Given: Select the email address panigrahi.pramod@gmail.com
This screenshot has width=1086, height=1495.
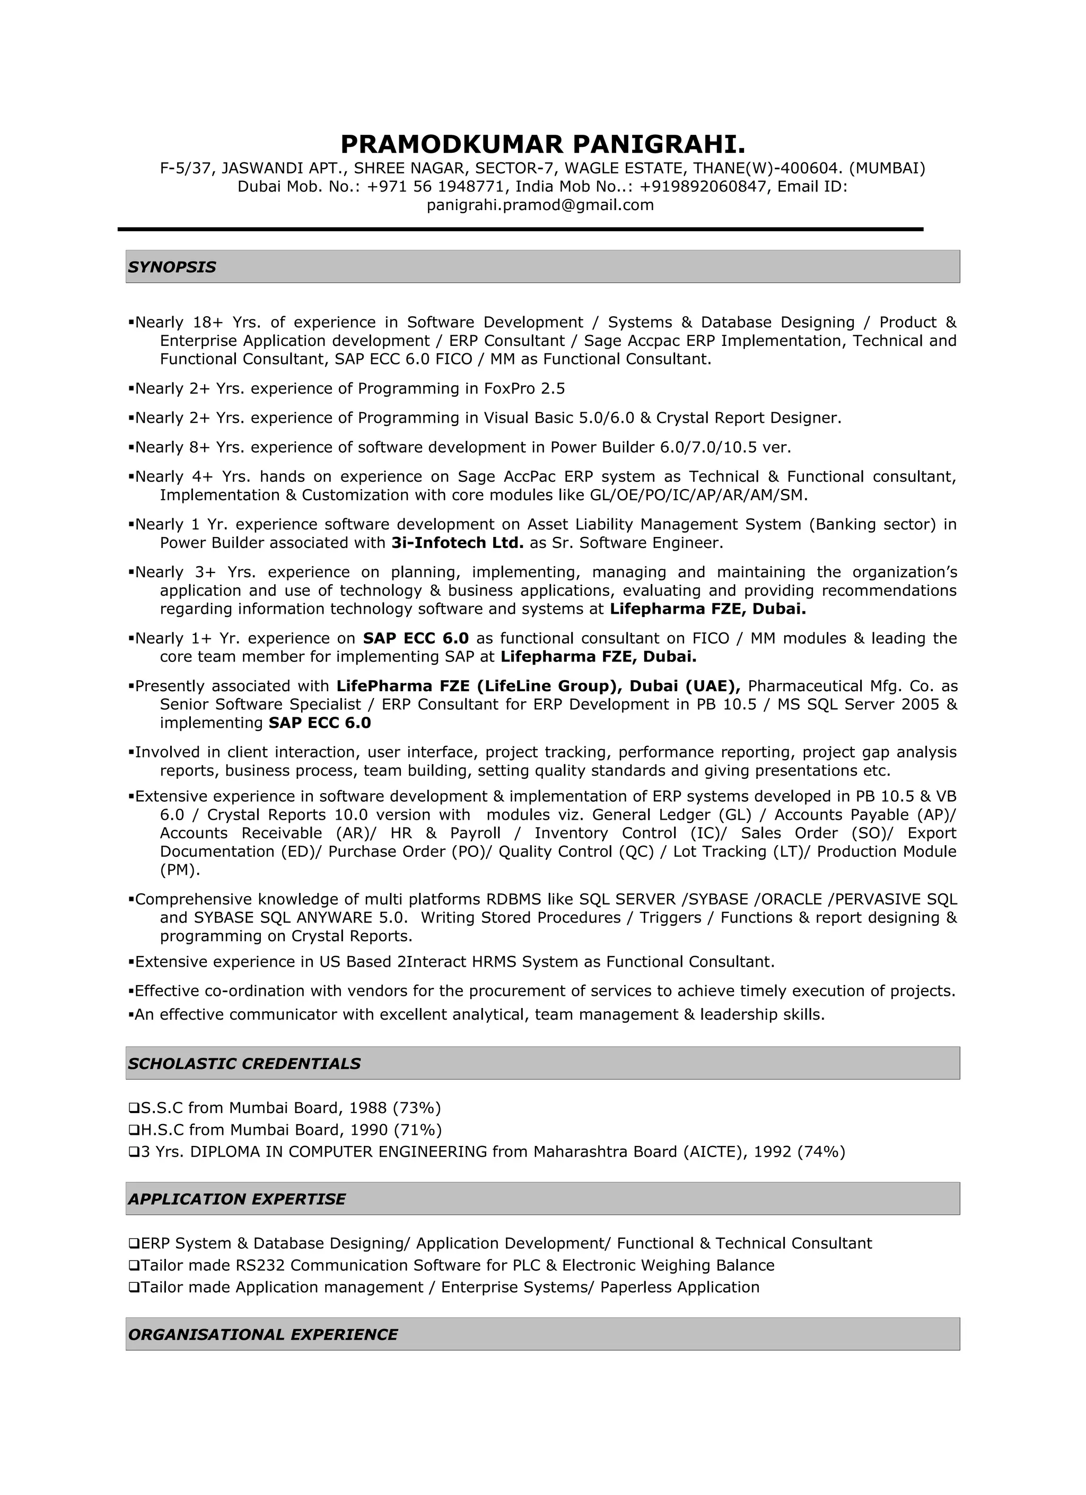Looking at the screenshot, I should tap(540, 205).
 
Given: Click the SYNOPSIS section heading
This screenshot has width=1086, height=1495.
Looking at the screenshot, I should tap(172, 267).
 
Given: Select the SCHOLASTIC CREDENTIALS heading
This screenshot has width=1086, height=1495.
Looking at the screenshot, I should tap(244, 1063).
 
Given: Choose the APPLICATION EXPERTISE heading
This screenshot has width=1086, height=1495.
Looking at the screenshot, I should tap(237, 1199).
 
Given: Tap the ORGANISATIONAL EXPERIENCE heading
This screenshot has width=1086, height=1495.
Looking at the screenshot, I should tap(263, 1334).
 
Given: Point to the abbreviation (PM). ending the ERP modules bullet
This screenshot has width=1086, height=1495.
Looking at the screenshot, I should tap(180, 870).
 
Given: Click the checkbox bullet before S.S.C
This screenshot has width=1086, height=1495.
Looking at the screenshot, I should tap(134, 1107).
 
